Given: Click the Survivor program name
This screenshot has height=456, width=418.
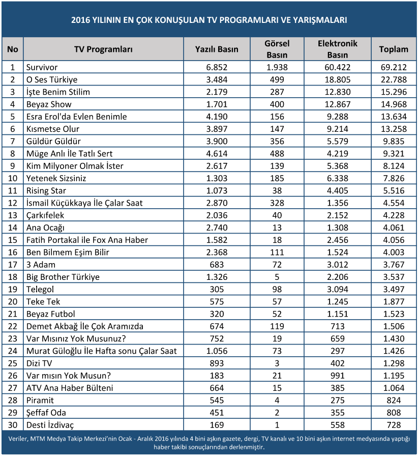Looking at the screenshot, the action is pos(42,67).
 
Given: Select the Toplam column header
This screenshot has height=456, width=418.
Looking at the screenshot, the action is pos(394,49).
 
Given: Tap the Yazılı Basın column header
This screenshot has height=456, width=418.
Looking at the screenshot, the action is pos(217,49).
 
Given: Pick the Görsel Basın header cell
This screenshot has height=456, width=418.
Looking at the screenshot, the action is pos(277,49).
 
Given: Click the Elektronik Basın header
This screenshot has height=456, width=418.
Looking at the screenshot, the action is pos(338,49).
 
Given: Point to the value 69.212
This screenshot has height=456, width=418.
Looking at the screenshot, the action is pos(394,67).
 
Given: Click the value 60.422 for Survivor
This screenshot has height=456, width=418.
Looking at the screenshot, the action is pos(338,67).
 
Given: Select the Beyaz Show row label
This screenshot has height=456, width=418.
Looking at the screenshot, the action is pos(49,104).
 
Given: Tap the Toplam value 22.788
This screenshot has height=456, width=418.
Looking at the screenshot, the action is pos(394,79).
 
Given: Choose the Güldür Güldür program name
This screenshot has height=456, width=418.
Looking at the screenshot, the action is pos(53,141).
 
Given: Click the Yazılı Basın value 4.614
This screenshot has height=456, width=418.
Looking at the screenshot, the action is pos(217,154).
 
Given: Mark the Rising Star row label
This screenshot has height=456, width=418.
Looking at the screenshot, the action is pos(46,190).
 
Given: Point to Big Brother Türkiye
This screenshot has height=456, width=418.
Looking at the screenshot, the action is pos(63,277).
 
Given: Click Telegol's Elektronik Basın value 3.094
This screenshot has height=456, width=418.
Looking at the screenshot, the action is pos(338,289).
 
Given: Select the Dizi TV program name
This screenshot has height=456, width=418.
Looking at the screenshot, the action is pos(39,363).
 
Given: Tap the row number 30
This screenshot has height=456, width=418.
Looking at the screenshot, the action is pos(13,425).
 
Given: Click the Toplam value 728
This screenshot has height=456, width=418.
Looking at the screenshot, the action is pos(394,425).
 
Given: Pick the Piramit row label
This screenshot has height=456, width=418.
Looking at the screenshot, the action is pos(40,400).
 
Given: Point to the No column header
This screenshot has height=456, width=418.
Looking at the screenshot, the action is pos(13,49).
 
